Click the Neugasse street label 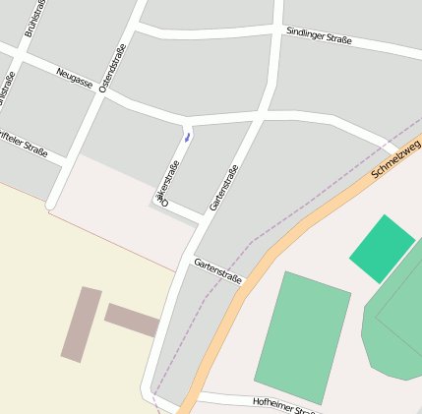point(74,76)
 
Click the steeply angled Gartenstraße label point(224,188)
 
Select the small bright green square point(382,248)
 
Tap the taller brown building point(82,325)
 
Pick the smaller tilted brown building point(132,320)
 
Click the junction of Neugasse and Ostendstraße point(101,95)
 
